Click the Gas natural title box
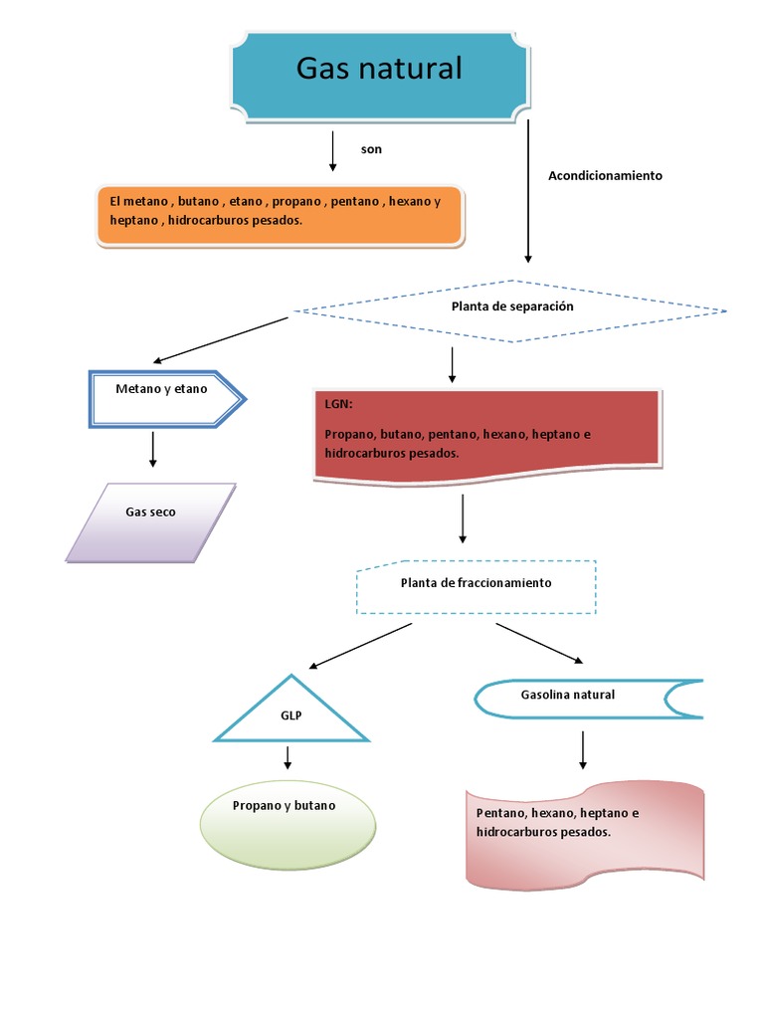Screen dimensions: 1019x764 [x=379, y=71]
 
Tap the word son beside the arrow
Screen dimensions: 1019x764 [x=371, y=149]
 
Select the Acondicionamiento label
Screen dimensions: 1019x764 [x=605, y=175]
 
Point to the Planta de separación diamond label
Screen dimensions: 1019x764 [x=512, y=307]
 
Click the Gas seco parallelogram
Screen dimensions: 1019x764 [x=151, y=522]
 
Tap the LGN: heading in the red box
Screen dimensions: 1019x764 [x=338, y=405]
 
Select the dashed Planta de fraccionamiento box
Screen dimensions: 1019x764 [x=476, y=585]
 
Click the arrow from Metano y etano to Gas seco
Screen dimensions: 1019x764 [x=153, y=449]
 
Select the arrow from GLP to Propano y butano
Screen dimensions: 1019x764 [x=288, y=758]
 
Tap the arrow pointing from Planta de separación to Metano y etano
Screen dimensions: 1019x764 [x=221, y=340]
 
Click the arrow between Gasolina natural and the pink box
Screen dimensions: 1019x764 [x=583, y=749]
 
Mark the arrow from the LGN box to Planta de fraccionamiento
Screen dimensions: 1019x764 [x=463, y=518]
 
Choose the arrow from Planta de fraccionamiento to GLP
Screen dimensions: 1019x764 [x=360, y=645]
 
